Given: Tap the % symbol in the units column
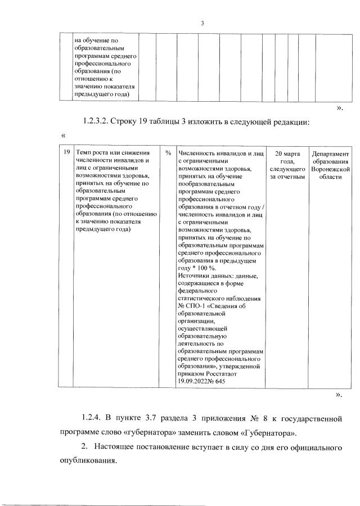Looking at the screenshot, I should (x=168, y=153).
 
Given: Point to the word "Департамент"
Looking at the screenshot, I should (x=330, y=153).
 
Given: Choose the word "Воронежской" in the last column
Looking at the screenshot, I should (x=330, y=169).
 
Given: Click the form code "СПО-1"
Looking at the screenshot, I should (x=196, y=306).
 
